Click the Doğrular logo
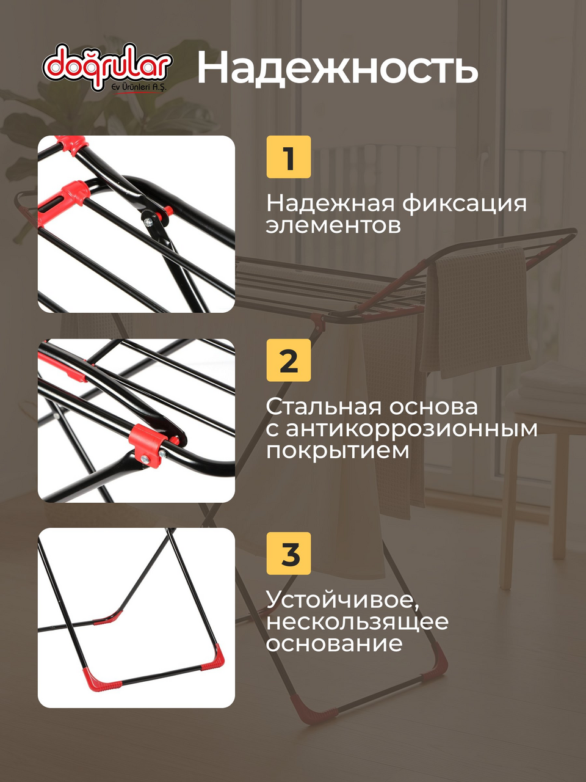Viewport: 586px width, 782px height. click(x=107, y=68)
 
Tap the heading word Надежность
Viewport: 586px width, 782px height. click(x=338, y=67)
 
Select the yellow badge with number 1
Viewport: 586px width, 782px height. click(x=289, y=157)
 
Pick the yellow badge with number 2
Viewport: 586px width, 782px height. click(x=289, y=360)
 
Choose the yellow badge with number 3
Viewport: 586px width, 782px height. click(x=289, y=554)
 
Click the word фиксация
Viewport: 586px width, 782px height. click(x=465, y=204)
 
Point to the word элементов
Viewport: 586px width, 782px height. click(x=333, y=226)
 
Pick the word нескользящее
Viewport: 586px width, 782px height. click(x=357, y=622)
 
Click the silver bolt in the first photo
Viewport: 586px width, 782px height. click(x=148, y=222)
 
